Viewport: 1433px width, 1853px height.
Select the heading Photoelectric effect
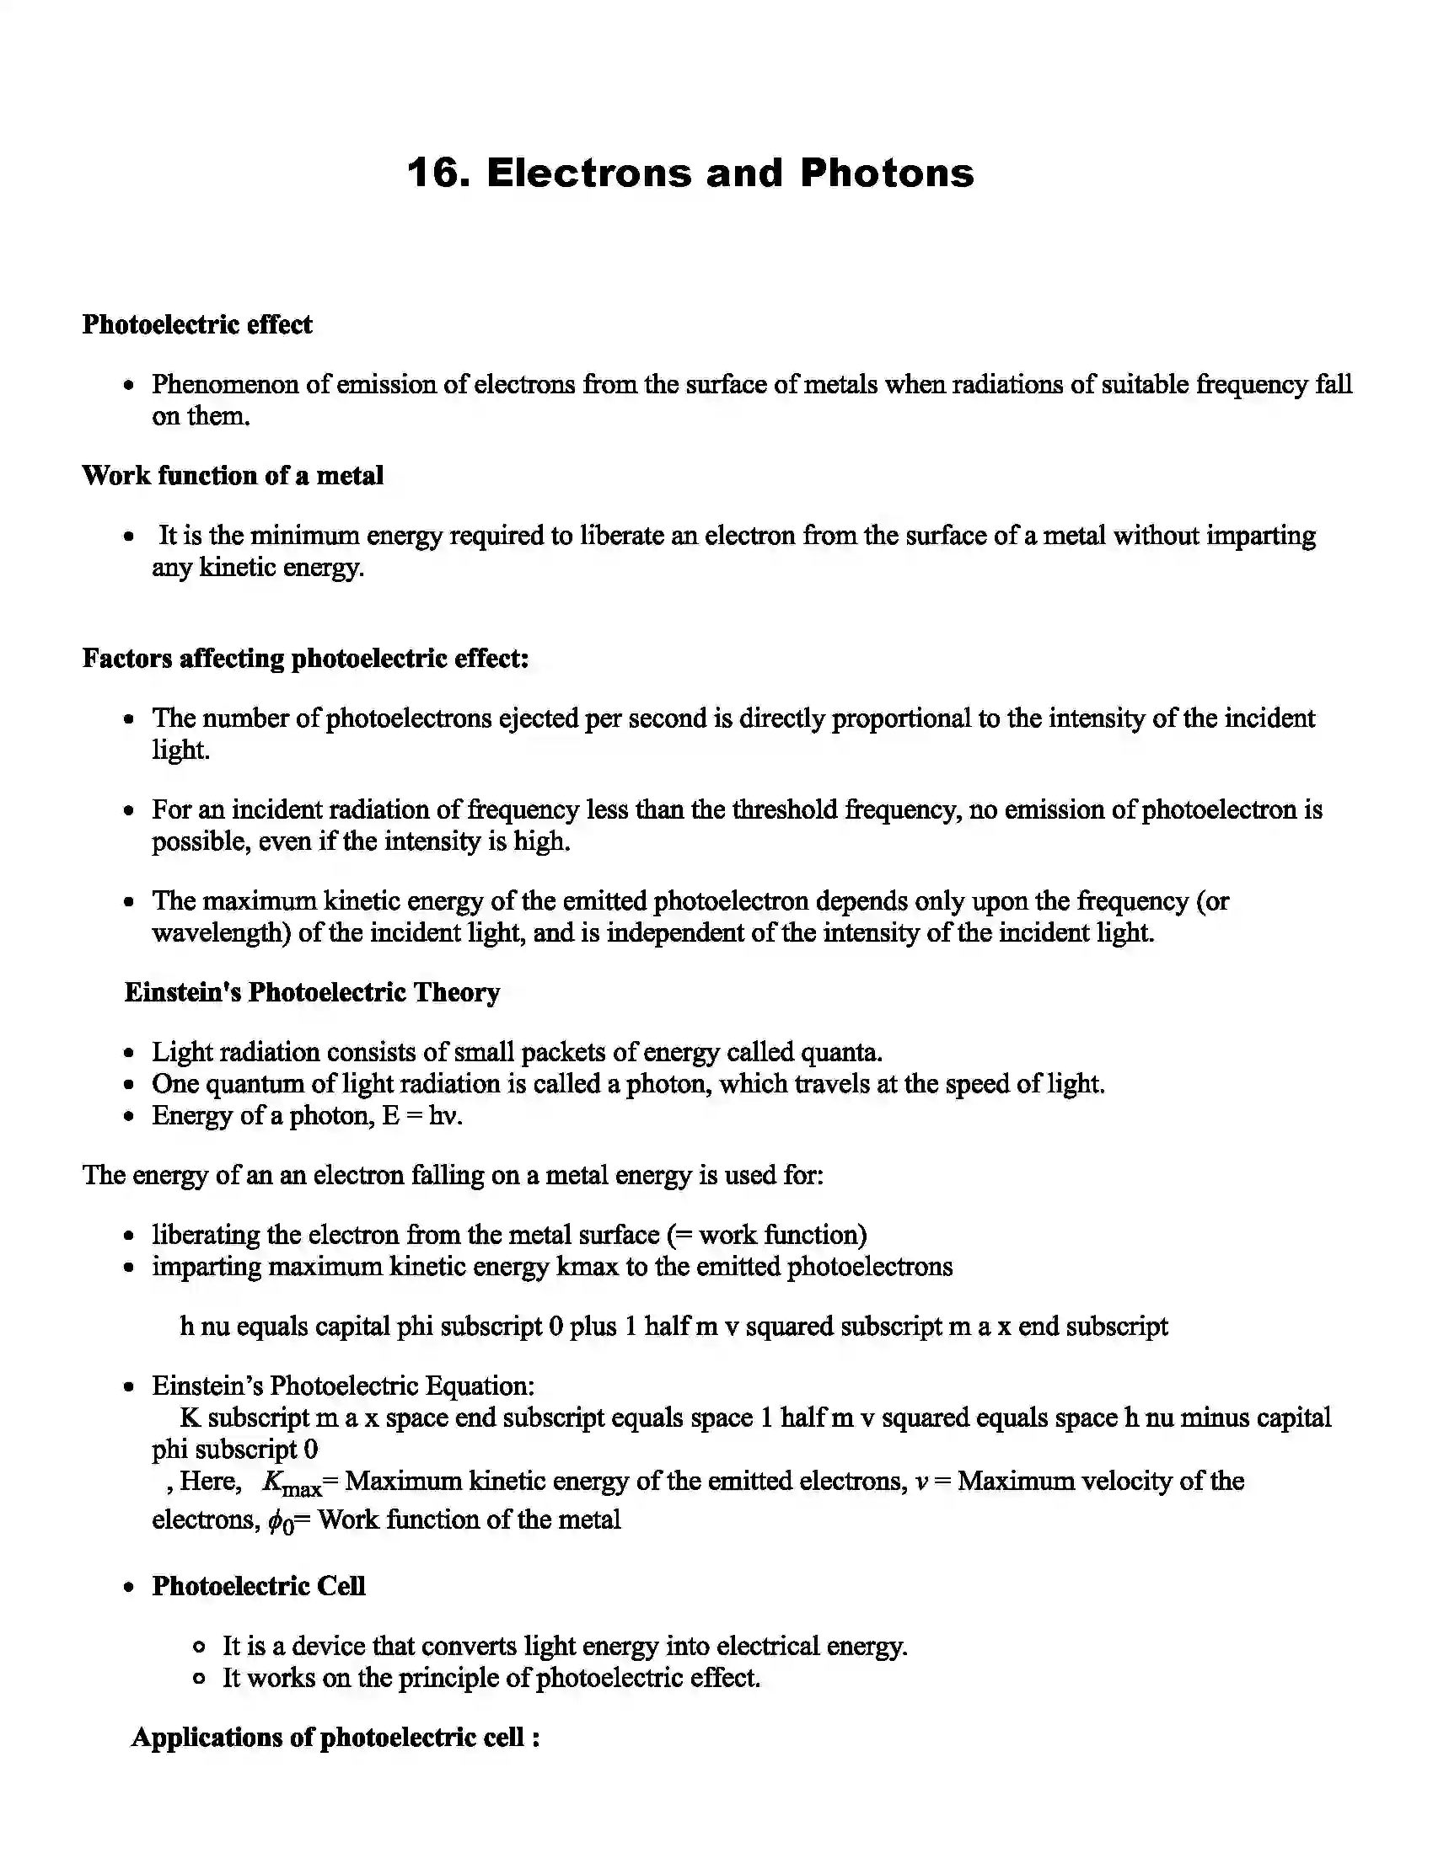(197, 324)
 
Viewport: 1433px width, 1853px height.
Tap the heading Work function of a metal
(233, 475)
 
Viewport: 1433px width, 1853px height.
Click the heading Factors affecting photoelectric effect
(306, 658)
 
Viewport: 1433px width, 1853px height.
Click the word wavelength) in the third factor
(222, 932)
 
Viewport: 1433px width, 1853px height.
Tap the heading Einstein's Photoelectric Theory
(312, 992)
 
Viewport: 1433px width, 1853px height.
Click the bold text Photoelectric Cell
(258, 1586)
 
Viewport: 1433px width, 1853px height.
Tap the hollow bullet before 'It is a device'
(199, 1647)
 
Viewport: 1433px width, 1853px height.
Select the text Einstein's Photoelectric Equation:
(343, 1386)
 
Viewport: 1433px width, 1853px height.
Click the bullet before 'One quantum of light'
(129, 1084)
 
